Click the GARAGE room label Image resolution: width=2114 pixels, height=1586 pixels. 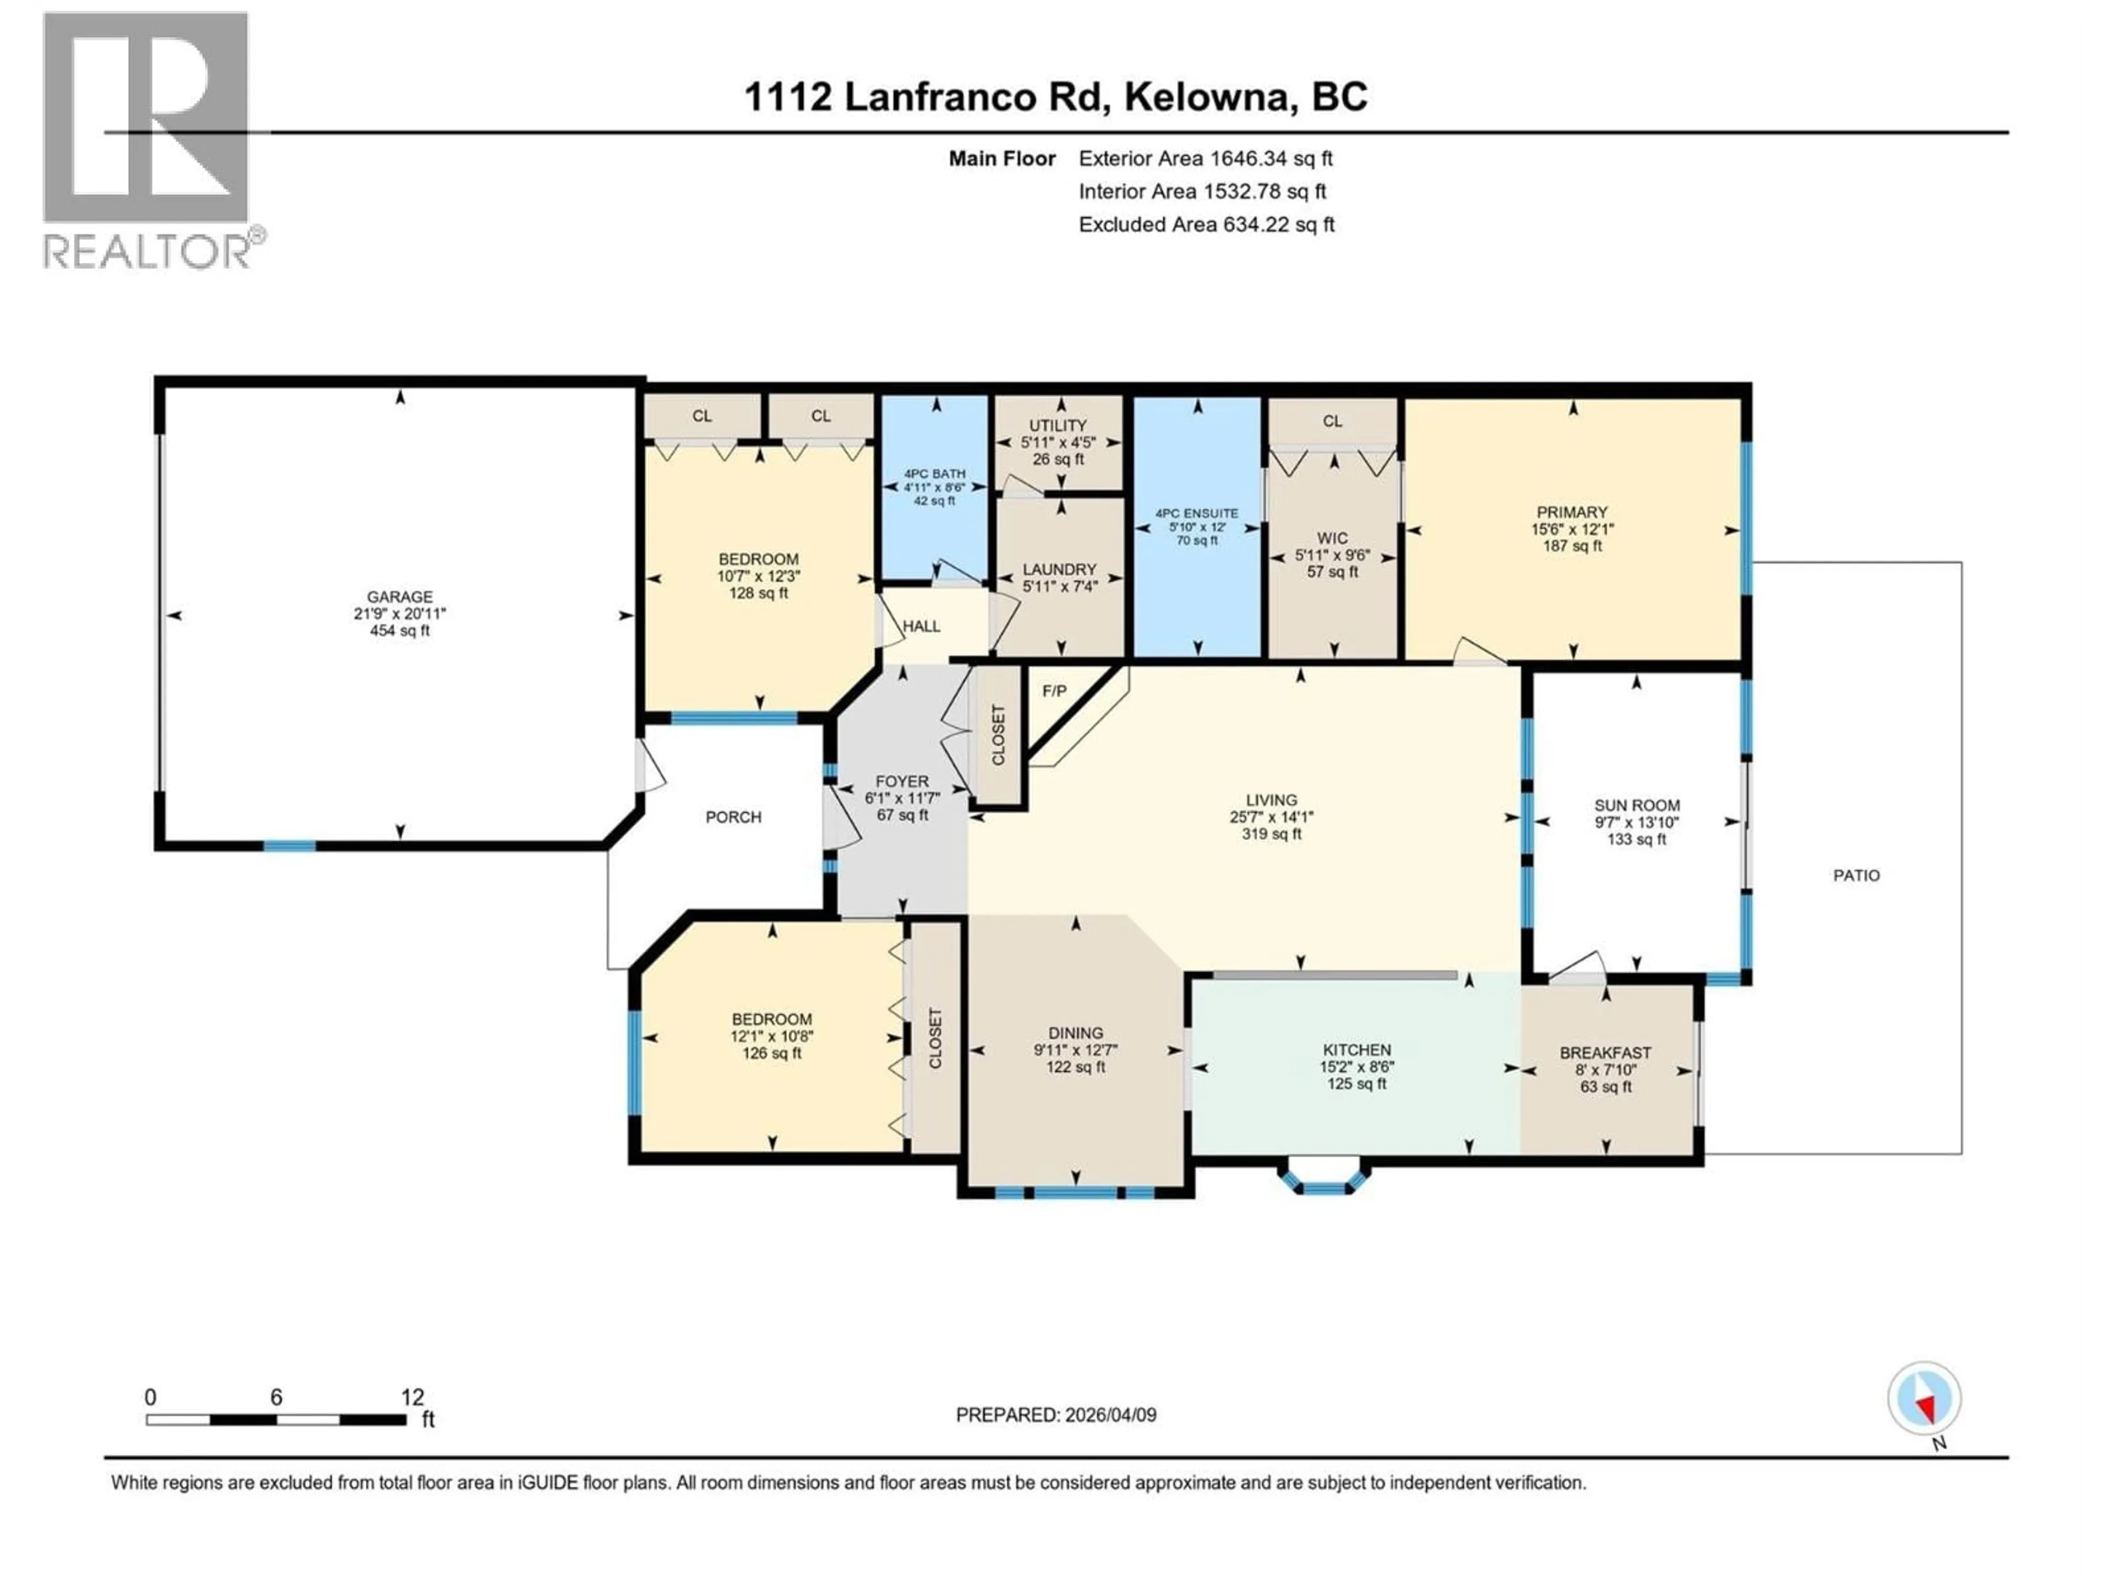(x=400, y=596)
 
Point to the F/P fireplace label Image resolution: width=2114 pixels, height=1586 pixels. (x=1054, y=690)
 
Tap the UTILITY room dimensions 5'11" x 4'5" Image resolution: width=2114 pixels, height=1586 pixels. (x=1058, y=443)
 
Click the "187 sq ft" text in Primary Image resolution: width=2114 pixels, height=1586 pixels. (x=1572, y=546)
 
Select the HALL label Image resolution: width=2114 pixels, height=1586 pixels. (x=921, y=626)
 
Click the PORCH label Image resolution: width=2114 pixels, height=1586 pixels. (x=733, y=817)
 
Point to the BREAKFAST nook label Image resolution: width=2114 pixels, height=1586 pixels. (x=1605, y=1052)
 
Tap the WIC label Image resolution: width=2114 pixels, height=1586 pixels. (x=1332, y=538)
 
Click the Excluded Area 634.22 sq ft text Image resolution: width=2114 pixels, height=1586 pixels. (x=1206, y=225)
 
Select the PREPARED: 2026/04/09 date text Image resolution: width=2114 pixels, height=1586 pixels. (x=1056, y=1415)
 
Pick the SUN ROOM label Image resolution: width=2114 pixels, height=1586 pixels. (x=1636, y=805)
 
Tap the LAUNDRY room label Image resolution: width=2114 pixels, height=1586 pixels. (x=1059, y=569)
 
